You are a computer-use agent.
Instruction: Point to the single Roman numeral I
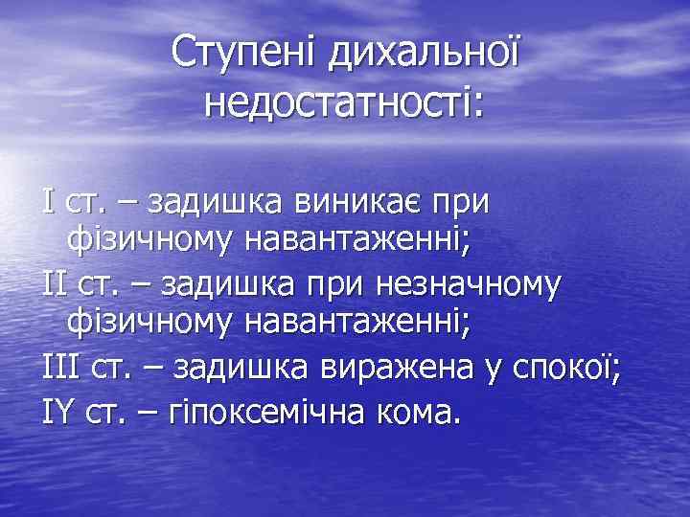pyautogui.click(x=48, y=202)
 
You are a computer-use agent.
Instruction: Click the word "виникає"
pyautogui.click(x=353, y=203)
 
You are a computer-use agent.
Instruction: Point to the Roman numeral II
pyautogui.click(x=54, y=284)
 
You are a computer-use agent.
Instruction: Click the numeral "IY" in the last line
pyautogui.click(x=59, y=409)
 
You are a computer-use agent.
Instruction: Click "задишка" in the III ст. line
pyautogui.click(x=246, y=368)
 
